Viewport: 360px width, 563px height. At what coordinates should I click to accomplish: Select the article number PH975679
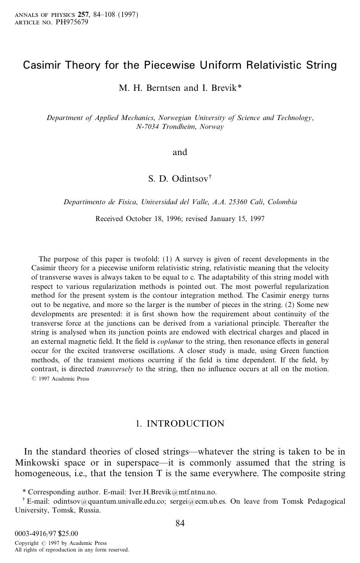tap(72, 22)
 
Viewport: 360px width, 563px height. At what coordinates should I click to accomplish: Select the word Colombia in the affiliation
tap(283, 202)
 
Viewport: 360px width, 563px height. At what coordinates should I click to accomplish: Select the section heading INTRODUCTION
tap(185, 424)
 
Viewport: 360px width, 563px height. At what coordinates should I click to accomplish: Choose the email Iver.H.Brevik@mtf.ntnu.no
tap(172, 492)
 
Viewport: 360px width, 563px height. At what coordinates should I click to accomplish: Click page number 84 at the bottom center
tap(180, 524)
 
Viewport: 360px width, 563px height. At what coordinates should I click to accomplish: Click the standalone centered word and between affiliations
tap(180, 152)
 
